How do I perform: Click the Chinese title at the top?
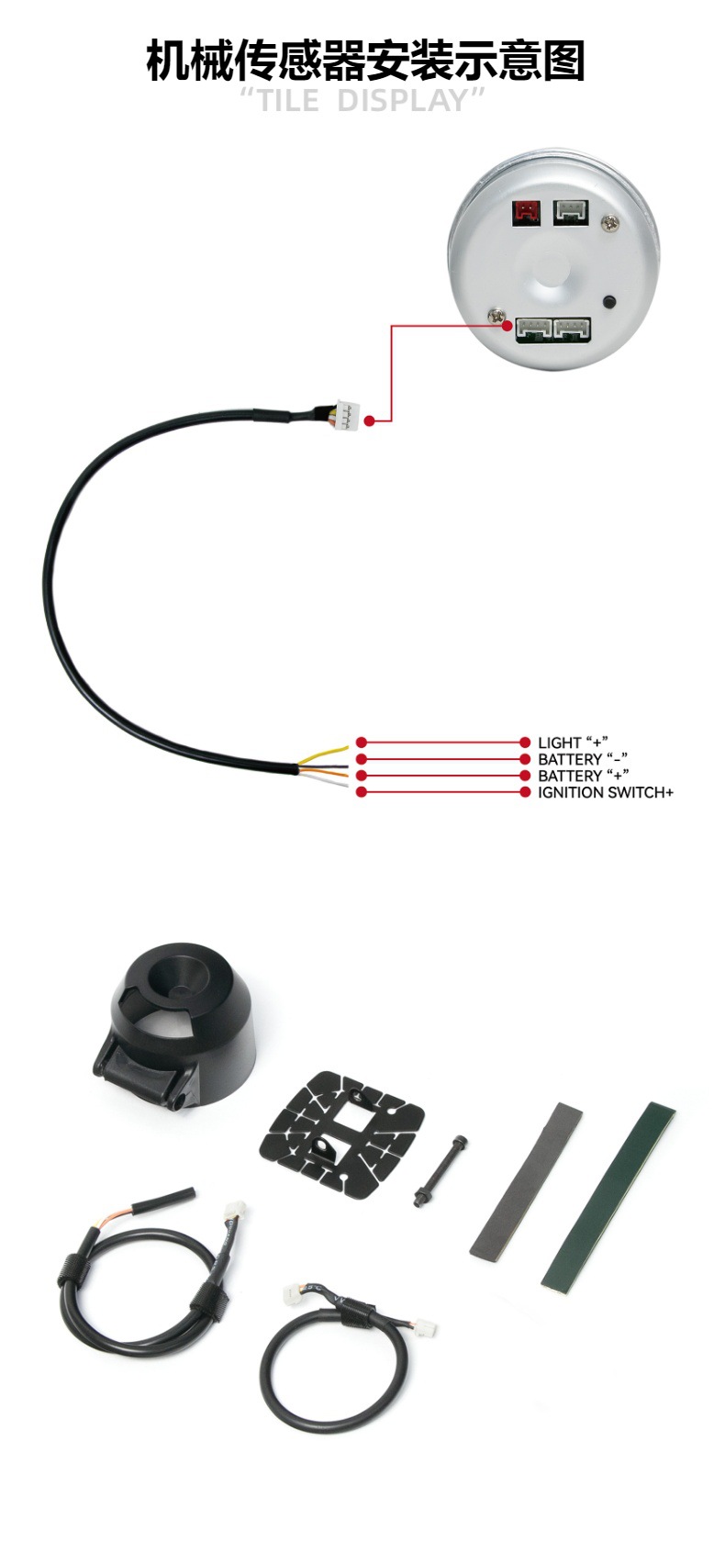pyautogui.click(x=364, y=61)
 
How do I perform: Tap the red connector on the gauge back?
pyautogui.click(x=527, y=213)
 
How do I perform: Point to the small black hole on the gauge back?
pyautogui.click(x=607, y=301)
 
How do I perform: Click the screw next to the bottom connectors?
pyautogui.click(x=499, y=316)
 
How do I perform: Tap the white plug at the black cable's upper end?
pyautogui.click(x=347, y=415)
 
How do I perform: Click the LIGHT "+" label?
pyautogui.click(x=573, y=742)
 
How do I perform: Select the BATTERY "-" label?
pyautogui.click(x=582, y=759)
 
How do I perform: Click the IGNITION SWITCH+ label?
pyautogui.click(x=605, y=792)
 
